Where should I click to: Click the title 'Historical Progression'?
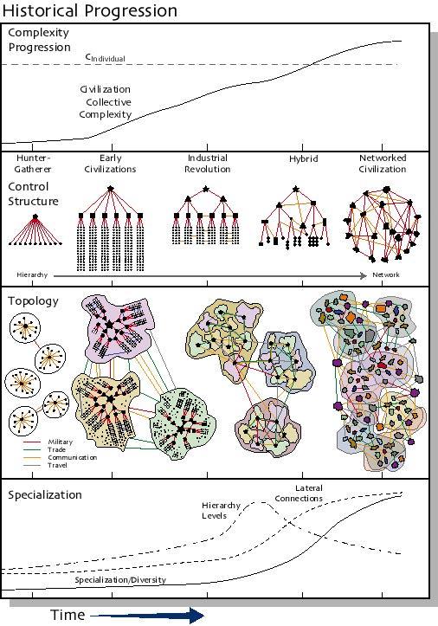point(89,10)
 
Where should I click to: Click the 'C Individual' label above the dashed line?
point(106,57)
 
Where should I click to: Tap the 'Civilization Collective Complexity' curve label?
point(106,102)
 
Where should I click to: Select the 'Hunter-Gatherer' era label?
point(33,164)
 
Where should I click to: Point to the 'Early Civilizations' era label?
point(110,164)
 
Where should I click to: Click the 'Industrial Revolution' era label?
point(207,164)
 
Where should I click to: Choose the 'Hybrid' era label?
point(304,159)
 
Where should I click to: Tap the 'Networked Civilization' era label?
point(383,164)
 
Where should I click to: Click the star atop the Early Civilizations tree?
point(111,188)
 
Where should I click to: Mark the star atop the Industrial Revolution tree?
point(206,189)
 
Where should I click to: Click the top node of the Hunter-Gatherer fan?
point(35,216)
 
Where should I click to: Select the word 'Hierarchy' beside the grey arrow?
point(32,274)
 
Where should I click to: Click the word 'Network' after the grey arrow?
point(386,274)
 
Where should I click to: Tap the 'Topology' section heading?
point(33,301)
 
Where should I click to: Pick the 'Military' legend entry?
point(61,442)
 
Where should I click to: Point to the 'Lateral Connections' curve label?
point(299,493)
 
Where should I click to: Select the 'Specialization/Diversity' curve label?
point(120,580)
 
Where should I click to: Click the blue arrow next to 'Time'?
point(148,616)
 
